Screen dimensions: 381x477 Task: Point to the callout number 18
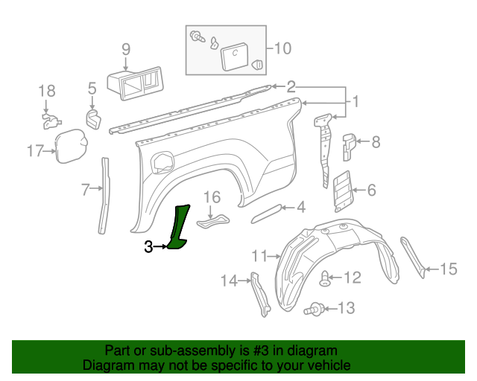click(x=47, y=91)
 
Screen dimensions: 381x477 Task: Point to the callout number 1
click(x=356, y=100)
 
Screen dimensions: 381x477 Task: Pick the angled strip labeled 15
click(x=412, y=257)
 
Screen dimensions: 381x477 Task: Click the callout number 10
click(x=282, y=49)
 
